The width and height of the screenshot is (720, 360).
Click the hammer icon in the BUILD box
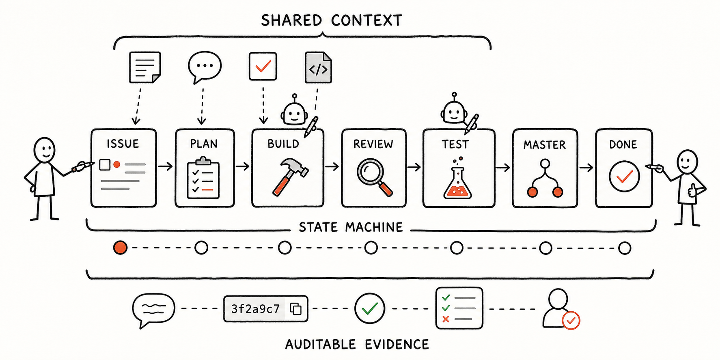tap(290, 176)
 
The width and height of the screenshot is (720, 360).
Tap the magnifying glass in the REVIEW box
tap(374, 177)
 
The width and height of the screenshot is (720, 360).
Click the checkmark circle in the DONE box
tap(624, 176)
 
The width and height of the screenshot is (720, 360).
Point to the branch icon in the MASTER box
tap(545, 178)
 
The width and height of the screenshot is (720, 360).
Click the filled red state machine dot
tap(120, 247)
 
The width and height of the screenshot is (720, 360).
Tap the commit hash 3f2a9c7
tap(256, 309)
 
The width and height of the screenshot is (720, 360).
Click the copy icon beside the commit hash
tap(296, 309)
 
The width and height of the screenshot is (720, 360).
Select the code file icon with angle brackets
tap(318, 67)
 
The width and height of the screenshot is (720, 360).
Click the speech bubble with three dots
tap(205, 67)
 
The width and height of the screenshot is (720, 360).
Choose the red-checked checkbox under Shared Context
tap(263, 66)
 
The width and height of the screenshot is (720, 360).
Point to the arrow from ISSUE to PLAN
tap(165, 166)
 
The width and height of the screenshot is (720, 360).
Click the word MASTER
tap(545, 145)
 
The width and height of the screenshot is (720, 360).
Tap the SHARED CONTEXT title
tap(332, 20)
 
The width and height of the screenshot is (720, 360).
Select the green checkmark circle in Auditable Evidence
tap(370, 308)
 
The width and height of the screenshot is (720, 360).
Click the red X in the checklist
tap(446, 319)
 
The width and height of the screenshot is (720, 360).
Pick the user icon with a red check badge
tap(561, 308)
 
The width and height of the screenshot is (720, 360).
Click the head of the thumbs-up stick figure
tap(687, 162)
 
